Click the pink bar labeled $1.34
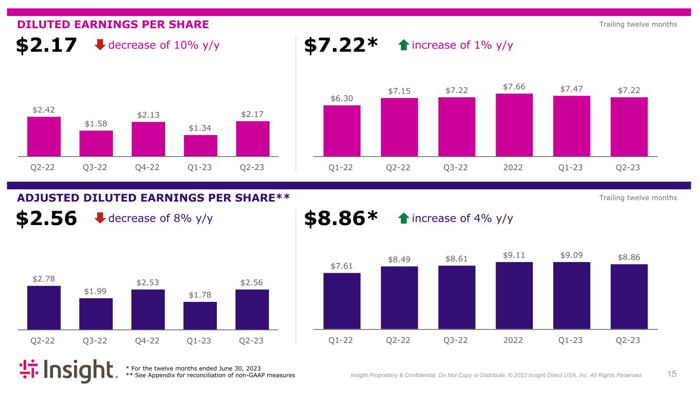pyautogui.click(x=200, y=145)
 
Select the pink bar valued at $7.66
pyautogui.click(x=514, y=125)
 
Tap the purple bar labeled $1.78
pyautogui.click(x=200, y=315)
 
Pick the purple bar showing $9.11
pyautogui.click(x=514, y=295)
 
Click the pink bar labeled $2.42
pyautogui.click(x=44, y=136)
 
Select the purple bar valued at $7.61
pyautogui.click(x=342, y=301)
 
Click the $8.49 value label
pyautogui.click(x=399, y=259)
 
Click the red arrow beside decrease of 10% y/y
pyautogui.click(x=101, y=46)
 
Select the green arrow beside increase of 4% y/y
pyautogui.click(x=403, y=219)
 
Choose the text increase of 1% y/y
pyautogui.click(x=462, y=45)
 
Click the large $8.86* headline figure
pyautogui.click(x=341, y=219)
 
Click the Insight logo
pyautogui.click(x=68, y=371)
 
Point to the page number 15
pyautogui.click(x=671, y=374)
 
